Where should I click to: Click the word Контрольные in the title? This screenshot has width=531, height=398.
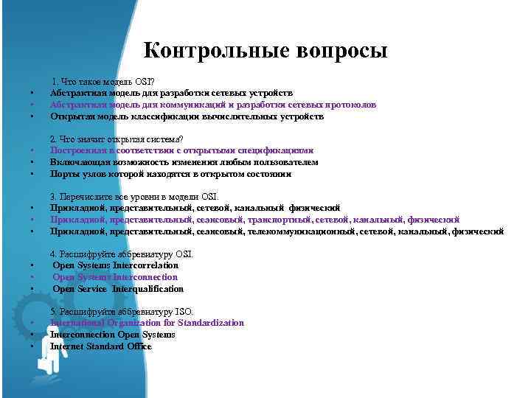(209, 51)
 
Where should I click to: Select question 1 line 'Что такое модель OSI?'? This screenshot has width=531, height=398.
(103, 81)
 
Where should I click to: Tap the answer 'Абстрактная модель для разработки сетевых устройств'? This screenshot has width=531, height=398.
(171, 93)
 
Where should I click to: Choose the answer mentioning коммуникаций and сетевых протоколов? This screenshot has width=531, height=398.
(213, 105)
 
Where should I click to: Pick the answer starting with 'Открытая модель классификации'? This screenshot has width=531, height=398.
(187, 116)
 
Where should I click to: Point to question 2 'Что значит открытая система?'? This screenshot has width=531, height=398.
(116, 139)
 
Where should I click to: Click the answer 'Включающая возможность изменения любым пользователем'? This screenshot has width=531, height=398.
(184, 162)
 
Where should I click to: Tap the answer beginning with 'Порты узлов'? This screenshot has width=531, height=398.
(170, 174)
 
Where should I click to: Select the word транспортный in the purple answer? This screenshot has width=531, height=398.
(285, 220)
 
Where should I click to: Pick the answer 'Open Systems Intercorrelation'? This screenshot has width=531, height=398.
(115, 265)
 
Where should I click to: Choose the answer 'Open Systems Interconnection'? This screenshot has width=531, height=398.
(115, 277)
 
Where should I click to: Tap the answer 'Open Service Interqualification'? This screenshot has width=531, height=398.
(118, 289)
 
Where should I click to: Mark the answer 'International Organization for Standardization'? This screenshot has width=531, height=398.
(147, 323)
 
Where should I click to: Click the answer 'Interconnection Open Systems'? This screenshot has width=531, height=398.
(112, 335)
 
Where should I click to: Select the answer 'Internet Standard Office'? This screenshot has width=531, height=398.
(101, 346)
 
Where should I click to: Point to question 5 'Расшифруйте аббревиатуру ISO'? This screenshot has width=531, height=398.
(122, 311)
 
